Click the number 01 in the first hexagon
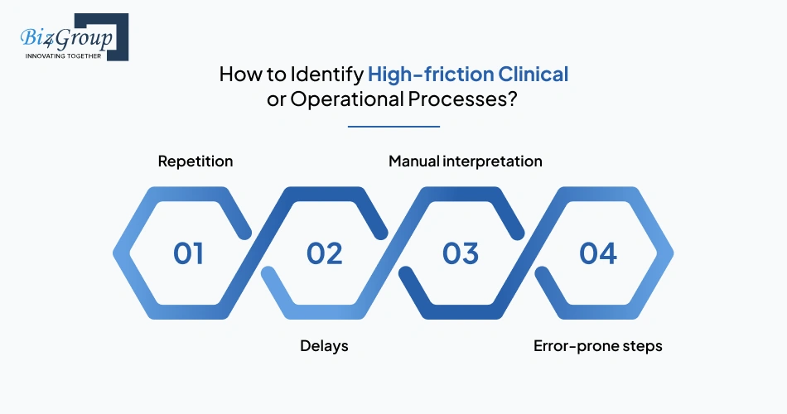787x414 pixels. coord(189,253)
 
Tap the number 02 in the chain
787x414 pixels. coord(325,253)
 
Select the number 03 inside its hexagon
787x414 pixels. coord(461,253)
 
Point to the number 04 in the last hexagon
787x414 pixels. coord(597,253)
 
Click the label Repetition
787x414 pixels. coord(196,161)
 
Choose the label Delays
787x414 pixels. coord(324,346)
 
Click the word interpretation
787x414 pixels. coord(495,161)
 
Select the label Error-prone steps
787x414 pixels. coord(597,346)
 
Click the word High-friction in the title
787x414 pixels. coord(431,75)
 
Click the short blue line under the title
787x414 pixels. coord(393,127)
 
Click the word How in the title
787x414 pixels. coord(239,75)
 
